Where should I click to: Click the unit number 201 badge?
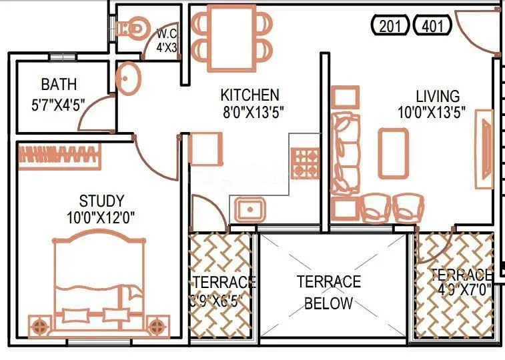tap(391, 27)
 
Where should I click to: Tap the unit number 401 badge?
tap(433, 27)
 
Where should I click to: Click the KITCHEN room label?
tap(250, 95)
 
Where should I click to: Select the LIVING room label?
tap(438, 96)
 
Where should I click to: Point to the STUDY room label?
tap(101, 201)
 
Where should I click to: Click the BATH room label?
tap(59, 85)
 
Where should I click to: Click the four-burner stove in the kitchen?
tap(306, 161)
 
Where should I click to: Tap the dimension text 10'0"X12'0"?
tap(101, 217)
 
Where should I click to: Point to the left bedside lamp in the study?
tap(39, 326)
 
